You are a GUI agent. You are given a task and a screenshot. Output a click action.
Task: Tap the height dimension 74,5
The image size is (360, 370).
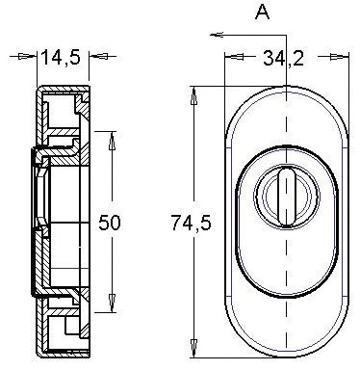tap(189, 223)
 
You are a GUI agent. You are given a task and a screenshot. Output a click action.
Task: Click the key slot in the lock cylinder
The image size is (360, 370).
tap(284, 188)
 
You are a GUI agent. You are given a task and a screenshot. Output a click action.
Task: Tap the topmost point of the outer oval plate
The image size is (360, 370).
tap(284, 92)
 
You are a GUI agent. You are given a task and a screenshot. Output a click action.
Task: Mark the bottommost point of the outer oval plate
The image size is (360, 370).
tap(284, 355)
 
